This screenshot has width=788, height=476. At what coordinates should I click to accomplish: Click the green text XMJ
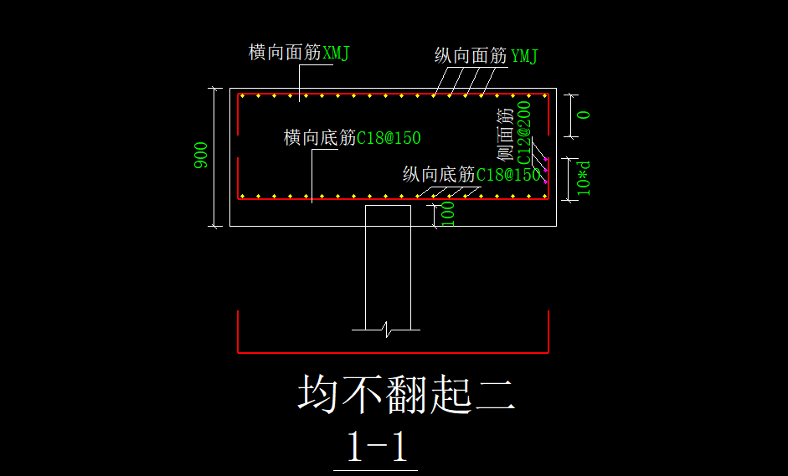pos(336,53)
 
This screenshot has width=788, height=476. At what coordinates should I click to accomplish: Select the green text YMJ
pos(524,56)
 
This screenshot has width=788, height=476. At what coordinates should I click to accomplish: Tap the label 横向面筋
pos(285,53)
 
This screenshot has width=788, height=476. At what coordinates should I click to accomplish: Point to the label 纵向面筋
pos(471,56)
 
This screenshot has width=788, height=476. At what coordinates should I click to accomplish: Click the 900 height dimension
pos(202,156)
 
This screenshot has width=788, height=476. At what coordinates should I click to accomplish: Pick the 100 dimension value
pos(448,213)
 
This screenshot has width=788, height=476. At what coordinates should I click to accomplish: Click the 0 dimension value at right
pos(584,115)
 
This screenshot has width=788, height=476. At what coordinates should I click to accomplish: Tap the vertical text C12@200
pos(524,132)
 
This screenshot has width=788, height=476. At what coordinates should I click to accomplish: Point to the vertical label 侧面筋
pos(505,134)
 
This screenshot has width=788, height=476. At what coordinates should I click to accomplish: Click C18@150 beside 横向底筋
pos(389,138)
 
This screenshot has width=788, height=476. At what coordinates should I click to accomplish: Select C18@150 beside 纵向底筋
pos(508,175)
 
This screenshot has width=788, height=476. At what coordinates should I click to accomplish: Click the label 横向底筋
pos(320,138)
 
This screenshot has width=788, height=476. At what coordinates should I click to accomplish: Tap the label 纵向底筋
pos(439,175)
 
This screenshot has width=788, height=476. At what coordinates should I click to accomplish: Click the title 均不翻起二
pos(406,394)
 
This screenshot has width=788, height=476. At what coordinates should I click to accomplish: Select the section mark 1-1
pos(377,448)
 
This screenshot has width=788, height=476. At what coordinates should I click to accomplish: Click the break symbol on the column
pos(386,328)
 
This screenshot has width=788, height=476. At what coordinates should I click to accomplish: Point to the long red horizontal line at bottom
pos(394,353)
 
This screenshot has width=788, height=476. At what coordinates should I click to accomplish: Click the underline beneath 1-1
pos(381,470)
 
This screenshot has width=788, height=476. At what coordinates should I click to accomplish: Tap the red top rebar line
pos(394,94)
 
